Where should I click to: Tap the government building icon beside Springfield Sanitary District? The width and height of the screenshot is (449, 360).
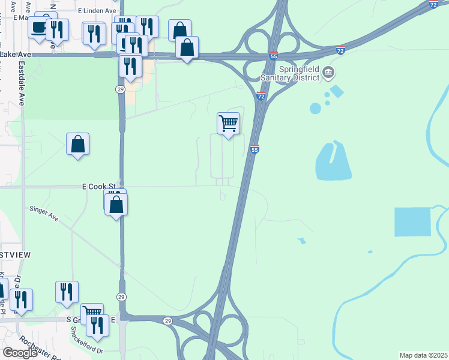(328, 73)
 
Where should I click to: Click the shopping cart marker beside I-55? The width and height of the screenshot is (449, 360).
(228, 124)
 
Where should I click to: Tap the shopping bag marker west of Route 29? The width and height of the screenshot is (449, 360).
(77, 144)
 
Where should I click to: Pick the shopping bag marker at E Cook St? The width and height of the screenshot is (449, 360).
(116, 204)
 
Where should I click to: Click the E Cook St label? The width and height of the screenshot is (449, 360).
(98, 187)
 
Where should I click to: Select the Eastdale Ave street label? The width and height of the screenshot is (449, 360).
(22, 83)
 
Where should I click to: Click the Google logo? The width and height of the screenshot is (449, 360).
(20, 353)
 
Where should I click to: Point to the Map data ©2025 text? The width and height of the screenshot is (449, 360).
(423, 355)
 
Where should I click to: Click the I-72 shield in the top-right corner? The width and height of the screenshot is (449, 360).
(433, 4)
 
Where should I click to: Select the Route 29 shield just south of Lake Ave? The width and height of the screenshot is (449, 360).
(120, 89)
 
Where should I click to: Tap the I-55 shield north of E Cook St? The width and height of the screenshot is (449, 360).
(255, 149)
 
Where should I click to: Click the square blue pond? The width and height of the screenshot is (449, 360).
(413, 222)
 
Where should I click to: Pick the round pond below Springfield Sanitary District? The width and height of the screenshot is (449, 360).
(315, 108)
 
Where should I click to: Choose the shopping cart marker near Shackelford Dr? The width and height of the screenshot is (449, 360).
(92, 313)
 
